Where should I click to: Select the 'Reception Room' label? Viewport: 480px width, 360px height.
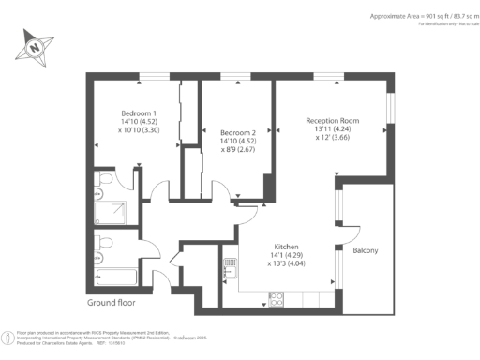[x=332, y=120]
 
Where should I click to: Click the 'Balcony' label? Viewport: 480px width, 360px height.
[x=366, y=251]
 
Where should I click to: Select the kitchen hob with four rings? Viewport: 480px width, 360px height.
[x=277, y=299]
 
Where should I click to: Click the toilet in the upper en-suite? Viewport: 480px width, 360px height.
[x=104, y=179]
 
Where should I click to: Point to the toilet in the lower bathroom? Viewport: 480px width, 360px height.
[x=104, y=243]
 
